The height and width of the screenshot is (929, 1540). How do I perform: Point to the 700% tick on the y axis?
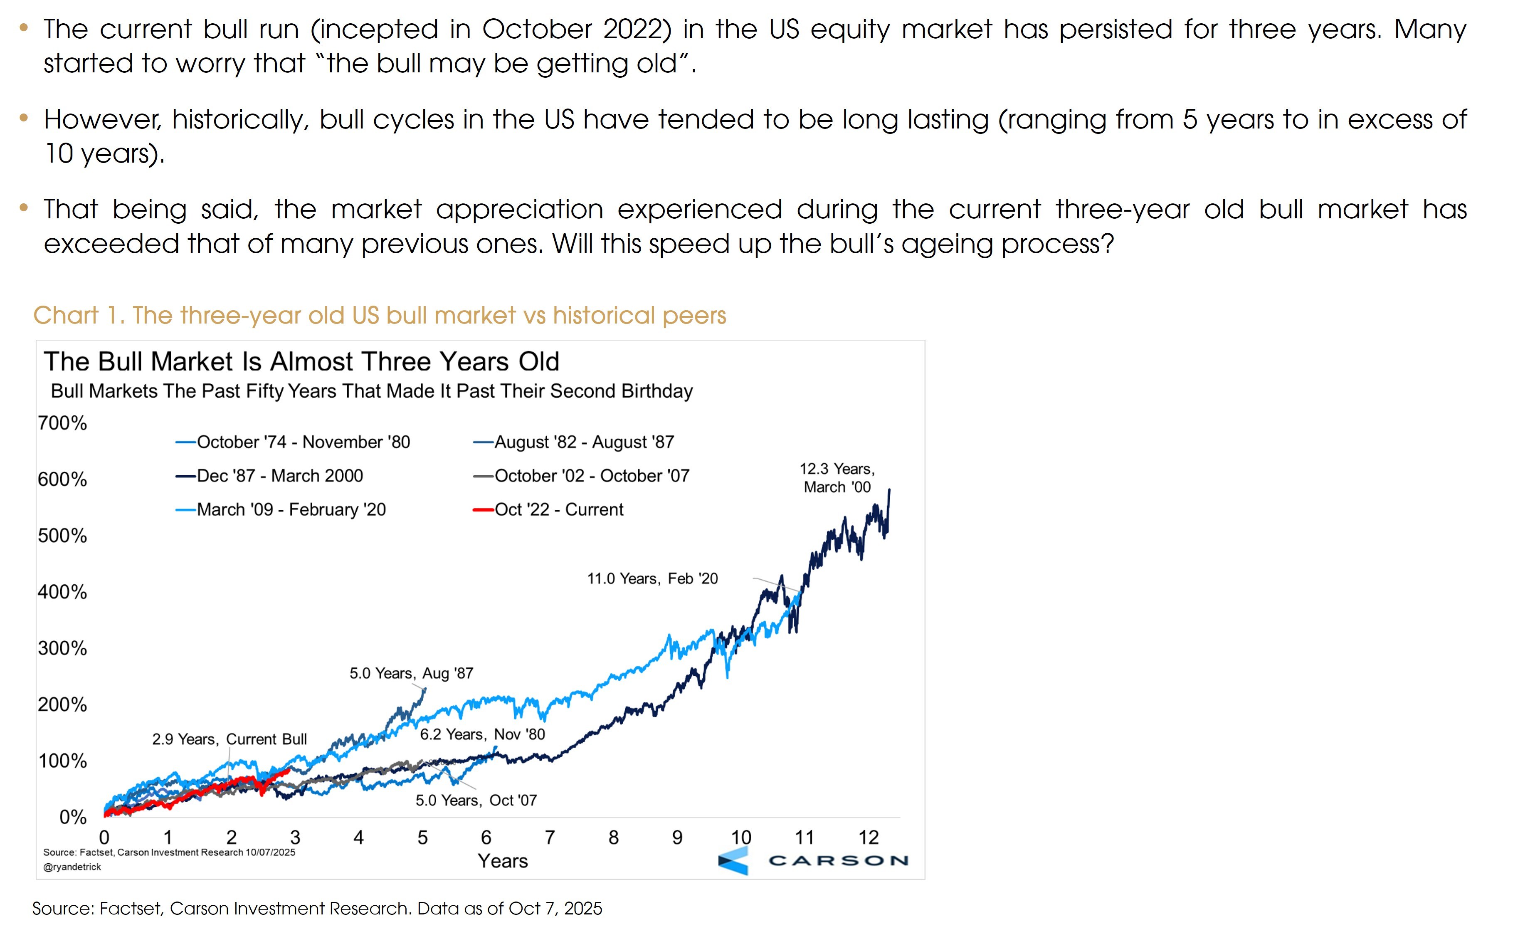pos(62,423)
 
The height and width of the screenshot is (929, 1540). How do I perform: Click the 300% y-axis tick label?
pos(62,648)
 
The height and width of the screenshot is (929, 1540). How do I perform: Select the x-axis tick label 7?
pos(549,837)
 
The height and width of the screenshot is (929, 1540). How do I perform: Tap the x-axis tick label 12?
pos(868,837)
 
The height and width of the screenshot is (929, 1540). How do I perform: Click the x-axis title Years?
pos(503,861)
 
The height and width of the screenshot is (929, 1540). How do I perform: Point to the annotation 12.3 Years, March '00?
pos(837,478)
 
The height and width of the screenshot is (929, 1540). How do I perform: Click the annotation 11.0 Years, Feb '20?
pos(652,578)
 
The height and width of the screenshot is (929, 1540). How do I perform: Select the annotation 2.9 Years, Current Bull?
pos(230,739)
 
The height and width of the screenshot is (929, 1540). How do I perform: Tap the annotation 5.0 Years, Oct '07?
pos(476,800)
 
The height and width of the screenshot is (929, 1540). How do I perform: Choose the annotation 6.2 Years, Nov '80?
pos(483,734)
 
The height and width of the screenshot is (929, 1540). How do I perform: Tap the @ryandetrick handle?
pos(72,867)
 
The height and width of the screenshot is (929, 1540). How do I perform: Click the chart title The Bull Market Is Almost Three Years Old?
pos(301,361)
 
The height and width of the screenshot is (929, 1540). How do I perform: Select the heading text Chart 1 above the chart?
pos(79,315)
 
